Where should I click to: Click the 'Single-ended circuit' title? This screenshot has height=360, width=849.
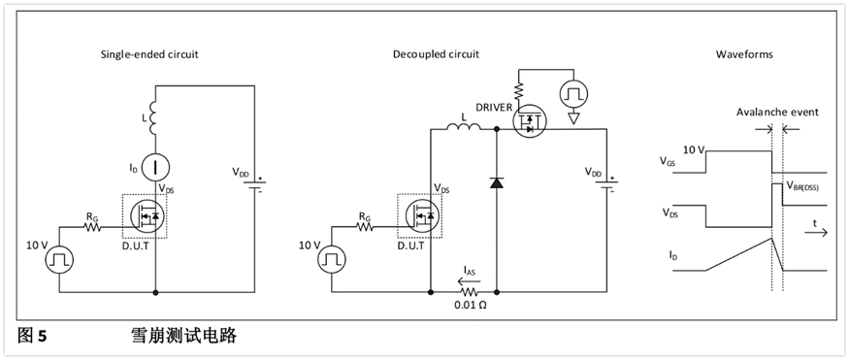tap(149, 54)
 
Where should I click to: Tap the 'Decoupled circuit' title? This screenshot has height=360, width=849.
tap(436, 54)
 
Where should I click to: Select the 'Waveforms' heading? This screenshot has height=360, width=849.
tap(744, 54)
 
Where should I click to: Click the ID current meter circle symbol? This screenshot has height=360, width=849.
tap(155, 167)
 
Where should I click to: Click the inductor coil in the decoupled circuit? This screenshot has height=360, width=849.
tap(463, 127)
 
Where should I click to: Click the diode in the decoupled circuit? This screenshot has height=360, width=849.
tap(496, 183)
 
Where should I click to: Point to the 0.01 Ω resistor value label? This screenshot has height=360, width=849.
tap(470, 306)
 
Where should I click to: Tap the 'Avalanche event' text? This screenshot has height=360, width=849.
tap(777, 113)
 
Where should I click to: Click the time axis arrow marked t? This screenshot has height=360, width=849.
tap(815, 232)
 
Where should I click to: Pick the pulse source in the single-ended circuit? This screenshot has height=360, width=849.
tap(58, 259)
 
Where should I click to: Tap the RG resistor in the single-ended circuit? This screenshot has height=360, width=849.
tap(92, 227)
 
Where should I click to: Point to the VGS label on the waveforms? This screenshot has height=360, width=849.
tap(668, 161)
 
